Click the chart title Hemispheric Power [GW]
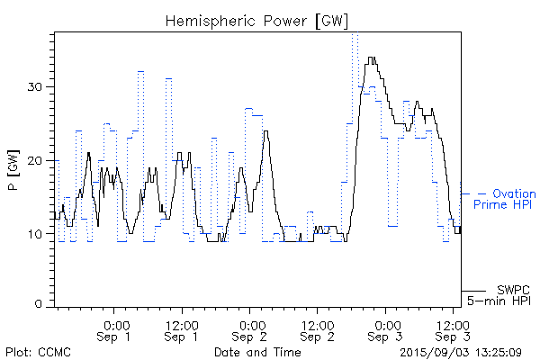point(257,21)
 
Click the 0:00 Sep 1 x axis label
point(114,330)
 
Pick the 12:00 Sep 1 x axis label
point(182,330)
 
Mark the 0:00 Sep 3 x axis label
point(386,330)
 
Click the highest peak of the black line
point(371,58)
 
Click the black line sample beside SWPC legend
point(475,291)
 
